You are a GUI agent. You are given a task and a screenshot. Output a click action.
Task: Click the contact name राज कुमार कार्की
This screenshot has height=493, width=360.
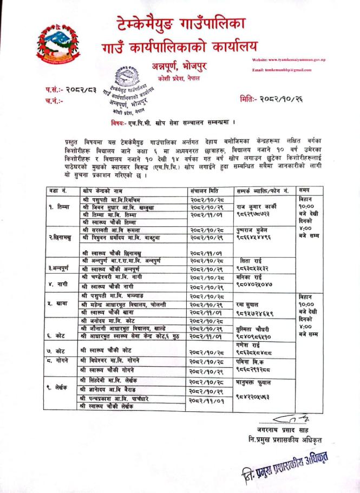(x=256, y=206)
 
